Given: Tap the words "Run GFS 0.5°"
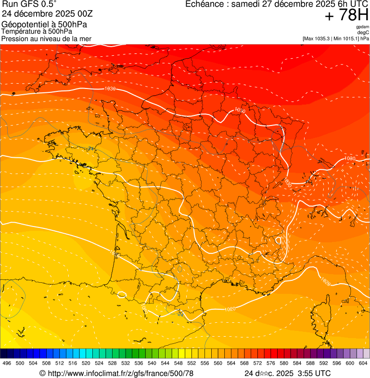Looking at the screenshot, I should [29, 5].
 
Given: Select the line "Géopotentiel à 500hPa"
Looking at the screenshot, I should [37, 24].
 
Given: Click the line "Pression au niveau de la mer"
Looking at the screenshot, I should [46, 38].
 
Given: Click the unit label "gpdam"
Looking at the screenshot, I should [362, 27].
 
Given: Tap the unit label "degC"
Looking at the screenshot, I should [363, 33].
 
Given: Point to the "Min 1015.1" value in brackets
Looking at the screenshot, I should [345, 38].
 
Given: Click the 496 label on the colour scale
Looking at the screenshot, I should [7, 364].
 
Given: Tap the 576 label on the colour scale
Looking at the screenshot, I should [270, 364].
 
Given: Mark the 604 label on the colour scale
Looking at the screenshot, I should [363, 364].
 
